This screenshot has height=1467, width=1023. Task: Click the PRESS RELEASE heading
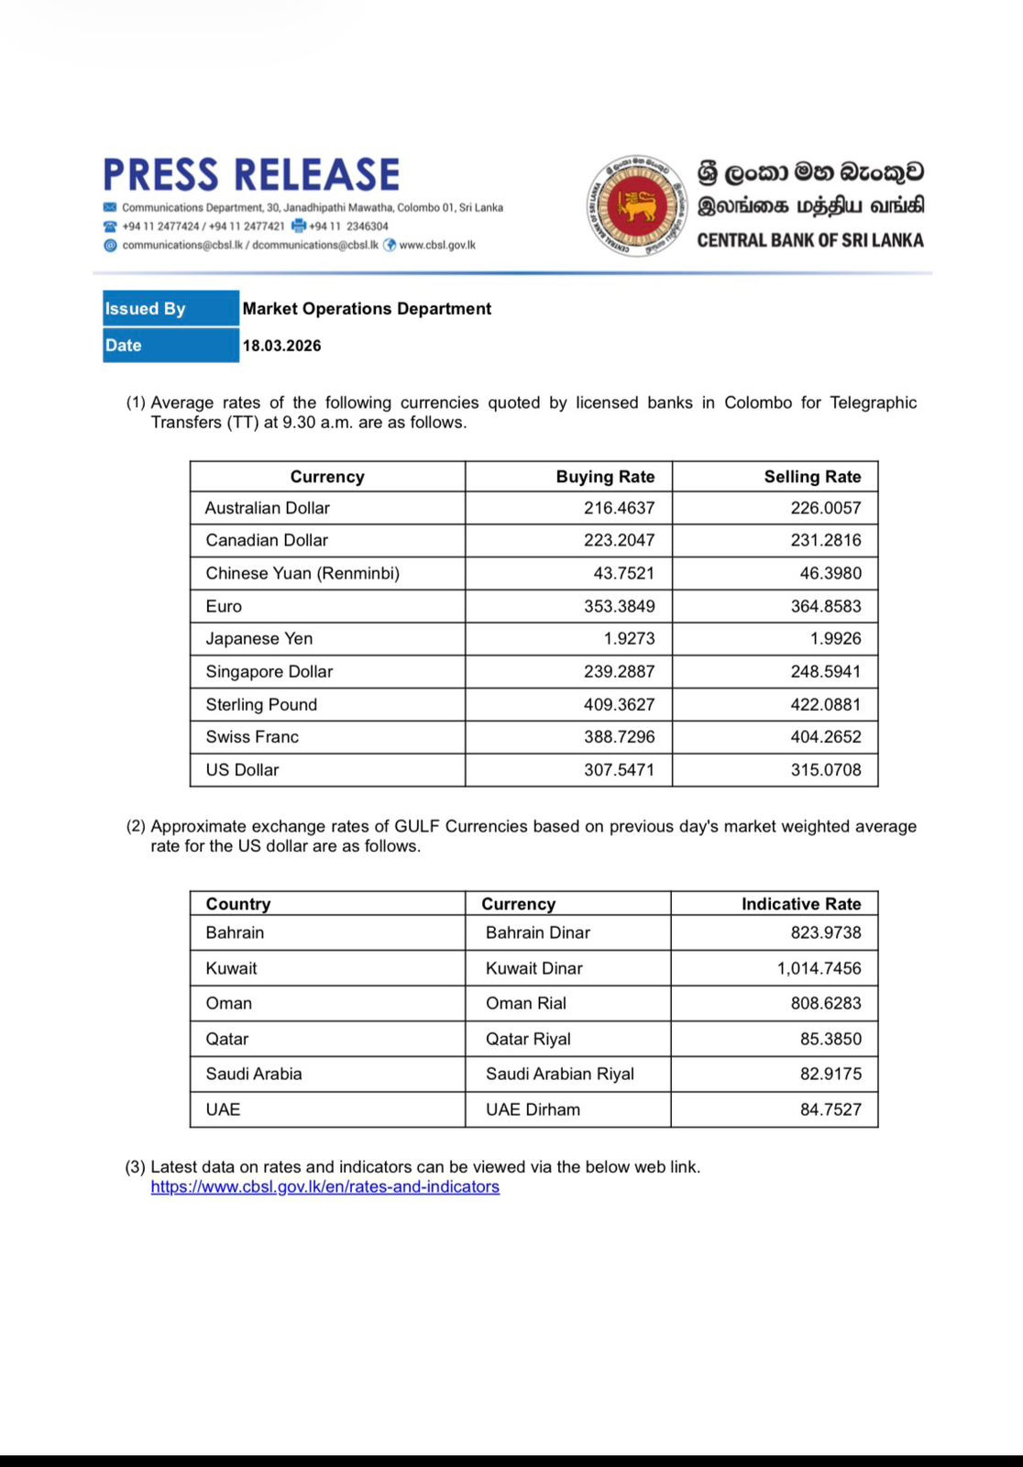pyautogui.click(x=251, y=175)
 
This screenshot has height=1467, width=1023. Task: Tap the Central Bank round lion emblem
pyautogui.click(x=636, y=205)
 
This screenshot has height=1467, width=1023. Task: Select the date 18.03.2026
pyautogui.click(x=281, y=346)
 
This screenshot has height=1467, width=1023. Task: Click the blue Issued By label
pyautogui.click(x=170, y=309)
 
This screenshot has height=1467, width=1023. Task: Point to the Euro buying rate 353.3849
pyautogui.click(x=619, y=606)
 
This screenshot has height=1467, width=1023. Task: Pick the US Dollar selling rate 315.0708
pyautogui.click(x=826, y=770)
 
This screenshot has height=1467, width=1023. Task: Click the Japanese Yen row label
pyautogui.click(x=258, y=639)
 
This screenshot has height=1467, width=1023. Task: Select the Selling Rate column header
pyautogui.click(x=812, y=477)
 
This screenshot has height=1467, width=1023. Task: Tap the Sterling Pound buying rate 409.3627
pyautogui.click(x=619, y=705)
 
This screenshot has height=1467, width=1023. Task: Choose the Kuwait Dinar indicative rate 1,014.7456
pyautogui.click(x=819, y=968)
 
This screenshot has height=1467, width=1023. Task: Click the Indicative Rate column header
pyautogui.click(x=800, y=904)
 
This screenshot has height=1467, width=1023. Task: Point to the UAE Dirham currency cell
pyautogui.click(x=533, y=1109)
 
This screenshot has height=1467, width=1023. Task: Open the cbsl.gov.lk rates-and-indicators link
pyautogui.click(x=324, y=1187)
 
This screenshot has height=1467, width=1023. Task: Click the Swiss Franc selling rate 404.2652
pyautogui.click(x=826, y=737)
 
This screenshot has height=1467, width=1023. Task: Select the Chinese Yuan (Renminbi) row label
pyautogui.click(x=302, y=574)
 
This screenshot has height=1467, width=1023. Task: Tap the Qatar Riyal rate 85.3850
pyautogui.click(x=830, y=1039)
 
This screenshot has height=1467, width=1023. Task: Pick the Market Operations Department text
pyautogui.click(x=367, y=309)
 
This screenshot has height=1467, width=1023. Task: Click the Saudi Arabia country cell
pyautogui.click(x=253, y=1074)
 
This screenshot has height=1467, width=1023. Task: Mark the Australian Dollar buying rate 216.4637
pyautogui.click(x=619, y=508)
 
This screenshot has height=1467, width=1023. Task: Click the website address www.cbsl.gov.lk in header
pyautogui.click(x=437, y=245)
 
